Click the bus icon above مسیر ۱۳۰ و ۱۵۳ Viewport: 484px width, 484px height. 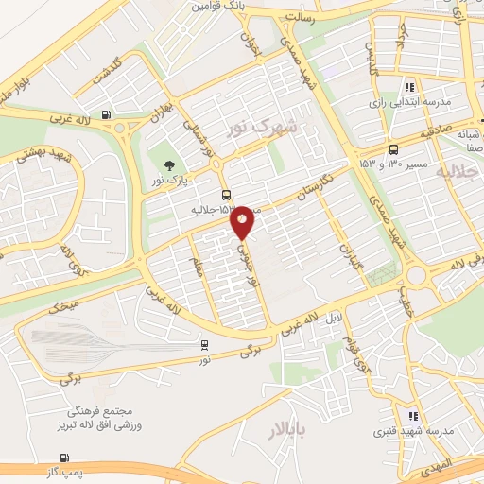[393, 148]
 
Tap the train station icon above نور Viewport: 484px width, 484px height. [206, 345]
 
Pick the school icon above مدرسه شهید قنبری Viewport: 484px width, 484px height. [412, 416]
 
